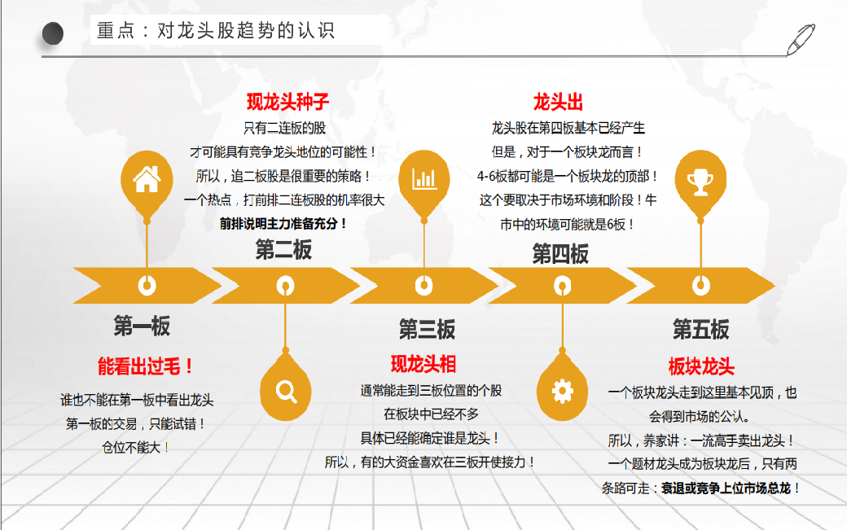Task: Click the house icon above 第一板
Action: pyautogui.click(x=147, y=179)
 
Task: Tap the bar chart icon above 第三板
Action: pyautogui.click(x=424, y=178)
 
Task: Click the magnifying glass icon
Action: pyautogui.click(x=286, y=392)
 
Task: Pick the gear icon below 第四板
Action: pyautogui.click(x=562, y=392)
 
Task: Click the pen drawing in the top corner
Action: pyautogui.click(x=801, y=39)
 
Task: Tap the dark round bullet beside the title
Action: pyautogui.click(x=53, y=33)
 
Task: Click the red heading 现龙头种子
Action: pyautogui.click(x=287, y=102)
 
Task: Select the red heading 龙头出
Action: pyautogui.click(x=558, y=102)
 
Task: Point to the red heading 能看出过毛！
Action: pyautogui.click(x=145, y=366)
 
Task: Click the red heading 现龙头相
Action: pyautogui.click(x=423, y=364)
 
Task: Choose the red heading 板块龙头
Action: pyautogui.click(x=701, y=366)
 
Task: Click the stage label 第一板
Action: pyautogui.click(x=142, y=326)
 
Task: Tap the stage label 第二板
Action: pyautogui.click(x=283, y=250)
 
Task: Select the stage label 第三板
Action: pyautogui.click(x=428, y=329)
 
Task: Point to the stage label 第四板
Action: pyautogui.click(x=560, y=254)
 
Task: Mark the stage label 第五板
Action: pyautogui.click(x=700, y=329)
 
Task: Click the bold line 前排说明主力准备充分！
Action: pyautogui.click(x=283, y=223)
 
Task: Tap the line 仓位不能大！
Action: pyautogui.click(x=135, y=448)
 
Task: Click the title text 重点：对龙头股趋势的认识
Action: pyautogui.click(x=216, y=30)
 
